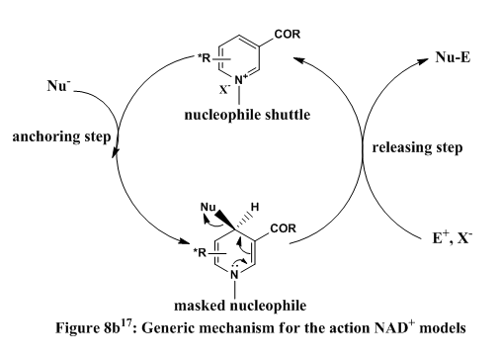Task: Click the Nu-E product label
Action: click(453, 57)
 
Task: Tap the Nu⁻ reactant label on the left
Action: click(58, 86)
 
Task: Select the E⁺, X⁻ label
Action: click(452, 237)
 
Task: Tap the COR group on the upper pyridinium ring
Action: click(288, 34)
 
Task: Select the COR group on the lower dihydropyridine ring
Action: click(283, 228)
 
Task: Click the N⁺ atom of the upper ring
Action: click(241, 80)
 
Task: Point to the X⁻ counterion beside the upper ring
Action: click(225, 89)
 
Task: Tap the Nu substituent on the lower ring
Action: click(208, 207)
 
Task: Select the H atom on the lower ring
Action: click(255, 207)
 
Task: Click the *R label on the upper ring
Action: click(204, 58)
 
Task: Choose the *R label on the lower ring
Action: click(200, 253)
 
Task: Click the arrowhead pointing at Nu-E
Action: click(423, 61)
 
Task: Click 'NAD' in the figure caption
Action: click(391, 328)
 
